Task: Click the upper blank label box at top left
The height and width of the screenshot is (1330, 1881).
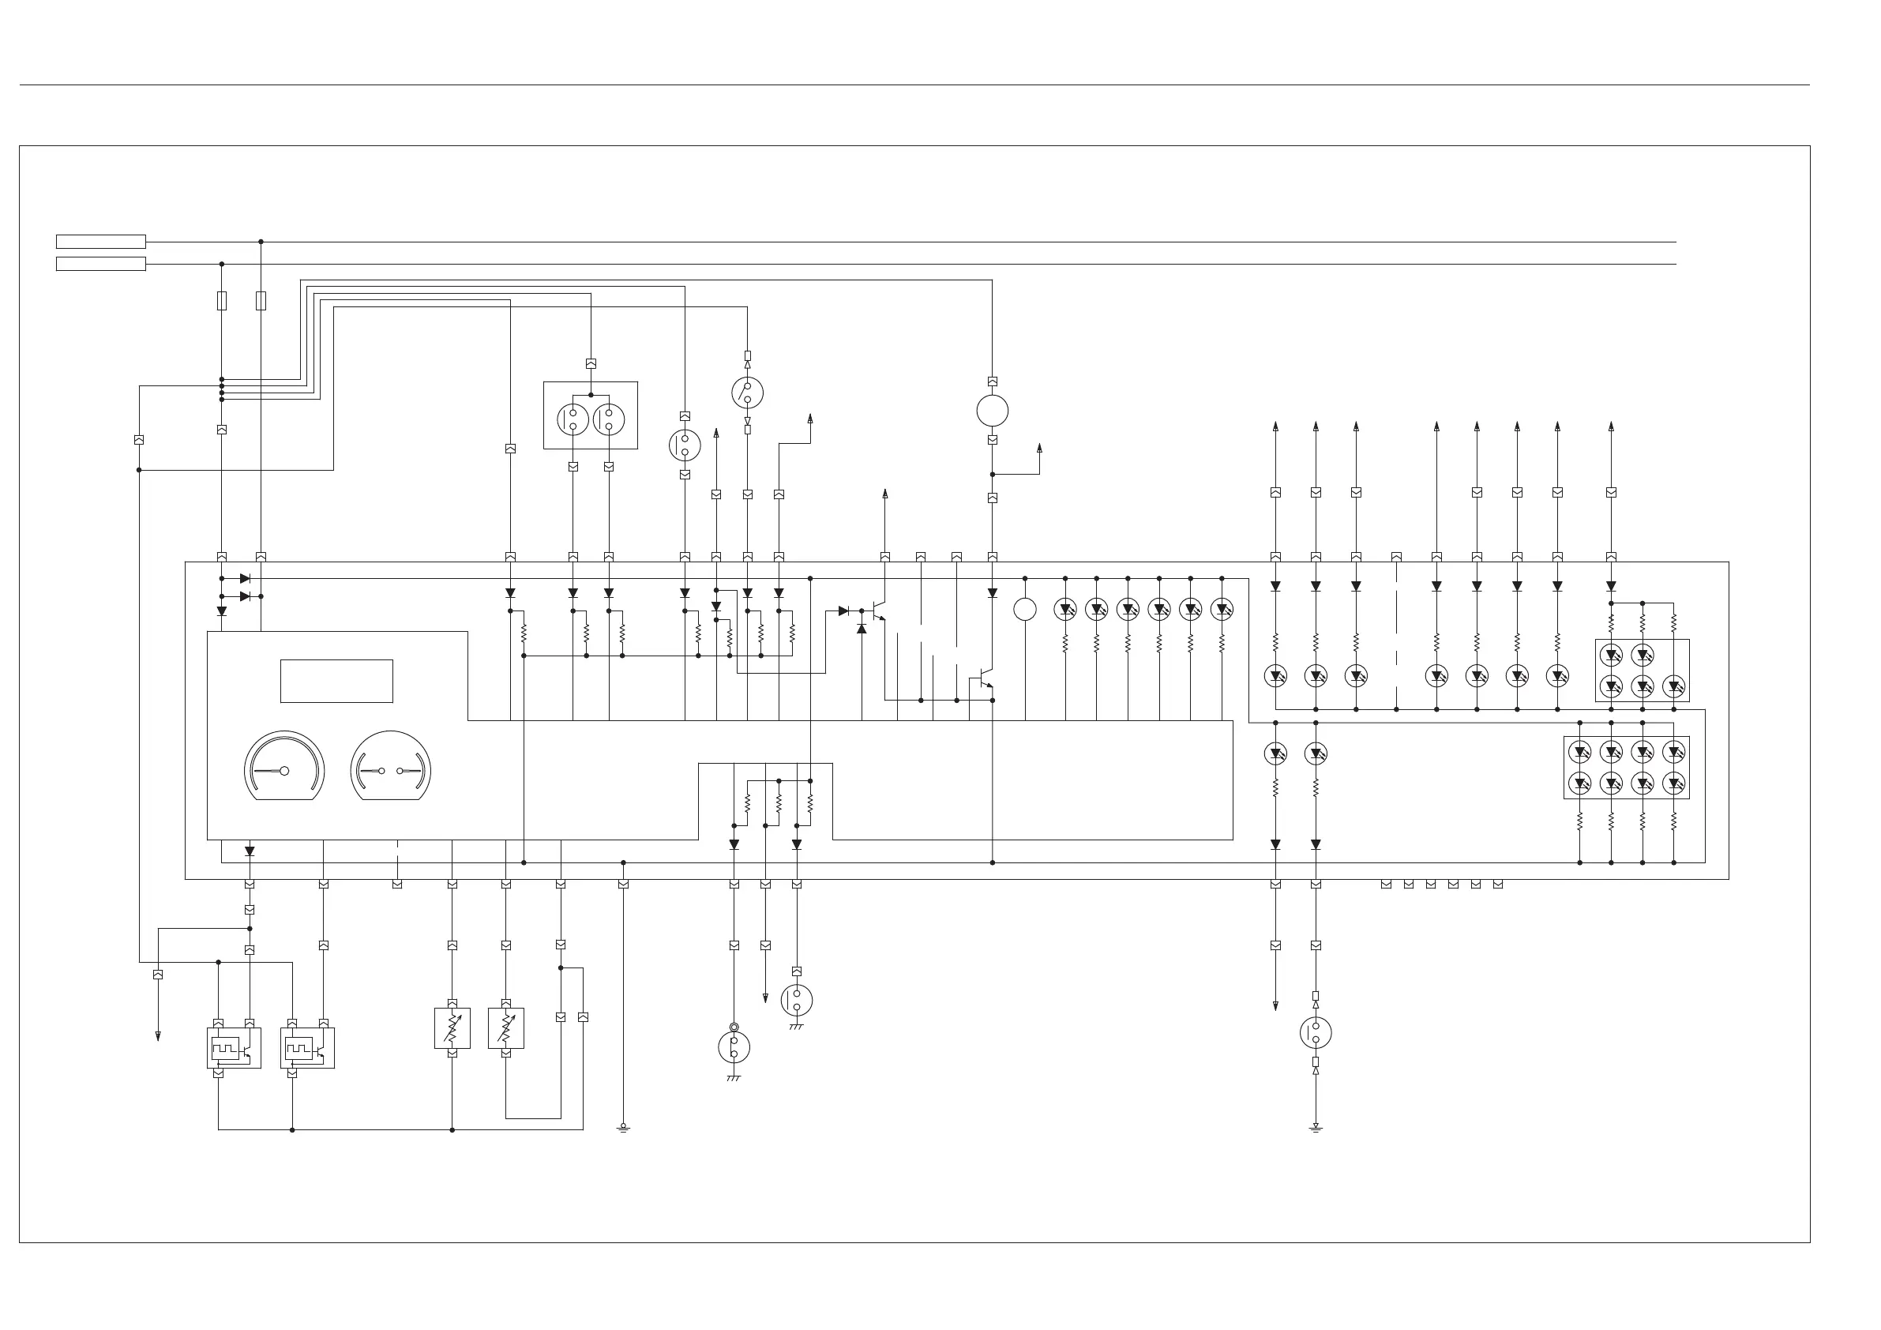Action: coord(101,242)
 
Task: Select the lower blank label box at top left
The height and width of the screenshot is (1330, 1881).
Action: coord(101,264)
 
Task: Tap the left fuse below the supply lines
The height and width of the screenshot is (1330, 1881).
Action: coord(221,301)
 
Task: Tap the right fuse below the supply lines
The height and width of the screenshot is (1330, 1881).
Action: coord(261,301)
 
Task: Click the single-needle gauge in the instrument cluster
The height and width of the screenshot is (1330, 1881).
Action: coord(284,767)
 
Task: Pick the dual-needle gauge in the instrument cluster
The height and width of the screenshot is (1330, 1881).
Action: coord(391,767)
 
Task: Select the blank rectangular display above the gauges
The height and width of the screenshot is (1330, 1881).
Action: coord(336,681)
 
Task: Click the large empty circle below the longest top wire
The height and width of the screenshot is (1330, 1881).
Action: coord(992,411)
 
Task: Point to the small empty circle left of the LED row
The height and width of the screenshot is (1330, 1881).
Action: coord(1025,610)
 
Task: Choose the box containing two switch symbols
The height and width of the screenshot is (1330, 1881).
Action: coord(590,415)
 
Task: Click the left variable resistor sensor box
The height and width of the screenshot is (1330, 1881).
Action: coord(452,1028)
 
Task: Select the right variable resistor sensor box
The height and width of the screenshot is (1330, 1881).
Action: coord(505,1028)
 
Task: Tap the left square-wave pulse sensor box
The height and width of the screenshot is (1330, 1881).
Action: coord(234,1048)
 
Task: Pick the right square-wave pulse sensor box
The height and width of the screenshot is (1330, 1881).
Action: coord(307,1048)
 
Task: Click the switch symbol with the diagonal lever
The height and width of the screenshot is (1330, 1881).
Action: coord(747,393)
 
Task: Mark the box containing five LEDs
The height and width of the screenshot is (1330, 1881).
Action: coord(1642,671)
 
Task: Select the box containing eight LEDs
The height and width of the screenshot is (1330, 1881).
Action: coord(1626,767)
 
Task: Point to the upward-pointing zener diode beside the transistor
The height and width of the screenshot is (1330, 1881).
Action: coord(861,629)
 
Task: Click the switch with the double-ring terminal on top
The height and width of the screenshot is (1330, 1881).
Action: coord(734,1046)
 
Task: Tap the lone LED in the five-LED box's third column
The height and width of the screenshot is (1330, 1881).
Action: coord(1674,686)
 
